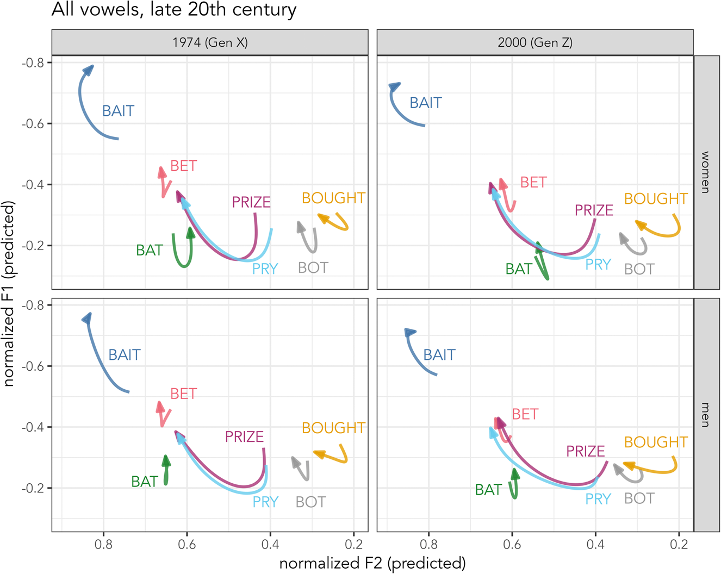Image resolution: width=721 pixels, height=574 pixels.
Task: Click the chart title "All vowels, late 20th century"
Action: tap(174, 10)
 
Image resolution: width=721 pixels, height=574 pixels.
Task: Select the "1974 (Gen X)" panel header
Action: tap(210, 42)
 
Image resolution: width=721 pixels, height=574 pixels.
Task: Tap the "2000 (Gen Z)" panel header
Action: tap(535, 42)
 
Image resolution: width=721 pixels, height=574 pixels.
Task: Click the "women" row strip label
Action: tap(706, 172)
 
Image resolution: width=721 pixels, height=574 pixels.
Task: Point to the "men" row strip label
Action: tap(706, 415)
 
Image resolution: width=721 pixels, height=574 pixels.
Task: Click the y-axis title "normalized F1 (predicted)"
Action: tap(9, 294)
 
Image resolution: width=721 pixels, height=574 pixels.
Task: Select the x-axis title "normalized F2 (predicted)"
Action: tap(372, 563)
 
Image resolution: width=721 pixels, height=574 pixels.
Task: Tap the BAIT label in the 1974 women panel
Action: tap(118, 111)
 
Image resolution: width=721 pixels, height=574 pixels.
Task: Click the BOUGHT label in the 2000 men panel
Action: tap(656, 442)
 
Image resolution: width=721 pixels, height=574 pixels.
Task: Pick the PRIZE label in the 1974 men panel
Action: tap(244, 436)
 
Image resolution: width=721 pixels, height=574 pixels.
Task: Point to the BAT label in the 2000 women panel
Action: tap(519, 269)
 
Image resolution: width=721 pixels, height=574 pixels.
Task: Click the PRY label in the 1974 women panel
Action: tap(265, 269)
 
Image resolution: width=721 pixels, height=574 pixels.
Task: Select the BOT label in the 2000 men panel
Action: tap(639, 498)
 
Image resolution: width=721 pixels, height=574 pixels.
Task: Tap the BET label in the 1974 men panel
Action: tap(183, 394)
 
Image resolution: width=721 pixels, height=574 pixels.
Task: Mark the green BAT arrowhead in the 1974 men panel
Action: tap(166, 461)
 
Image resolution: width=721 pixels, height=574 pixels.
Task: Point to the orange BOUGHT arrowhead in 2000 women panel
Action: tap(641, 224)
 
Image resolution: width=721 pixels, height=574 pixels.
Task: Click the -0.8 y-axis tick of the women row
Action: tap(33, 63)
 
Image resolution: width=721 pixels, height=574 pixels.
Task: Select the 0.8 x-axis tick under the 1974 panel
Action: tap(104, 544)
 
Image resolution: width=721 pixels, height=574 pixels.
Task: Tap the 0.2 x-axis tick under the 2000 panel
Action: tap(679, 544)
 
